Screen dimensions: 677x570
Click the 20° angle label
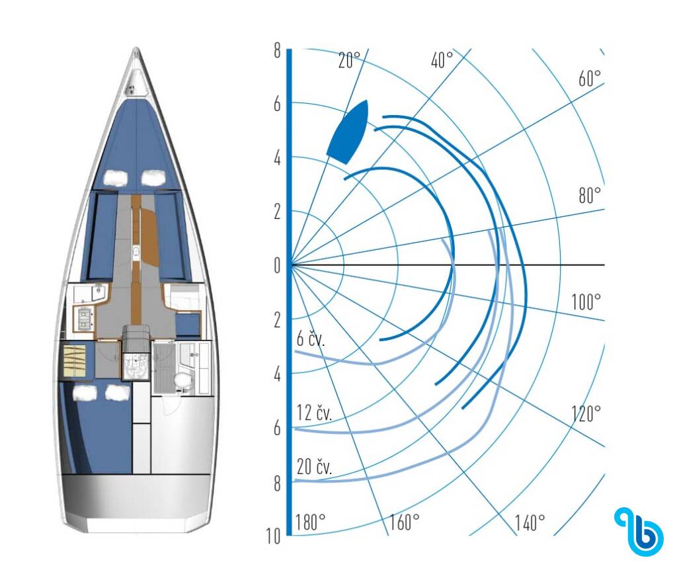[349, 60]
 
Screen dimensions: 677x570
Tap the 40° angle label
[442, 60]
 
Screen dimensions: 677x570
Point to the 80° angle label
[590, 196]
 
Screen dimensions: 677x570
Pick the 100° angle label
[586, 302]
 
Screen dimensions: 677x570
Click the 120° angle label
[586, 414]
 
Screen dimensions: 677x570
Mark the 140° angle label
[530, 522]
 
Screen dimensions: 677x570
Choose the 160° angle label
[405, 522]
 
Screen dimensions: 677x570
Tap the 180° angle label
[311, 522]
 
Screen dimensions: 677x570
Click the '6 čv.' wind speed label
[311, 339]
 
